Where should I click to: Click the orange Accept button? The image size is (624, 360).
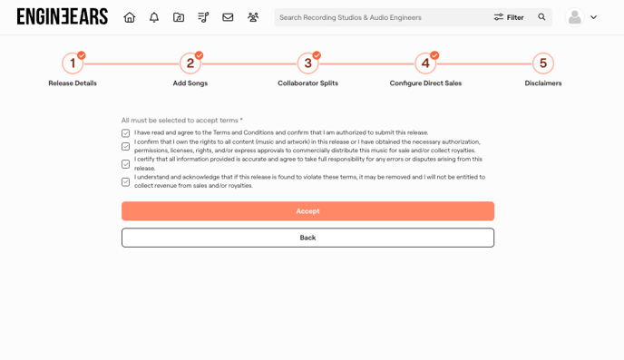pyautogui.click(x=307, y=210)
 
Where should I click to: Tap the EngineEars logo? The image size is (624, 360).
pyautogui.click(x=63, y=16)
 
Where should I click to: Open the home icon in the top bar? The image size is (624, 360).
pyautogui.click(x=130, y=17)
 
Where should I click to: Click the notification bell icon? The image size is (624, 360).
pyautogui.click(x=154, y=17)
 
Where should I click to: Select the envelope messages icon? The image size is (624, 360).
pyautogui.click(x=228, y=17)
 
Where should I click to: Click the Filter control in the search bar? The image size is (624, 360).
pyautogui.click(x=509, y=17)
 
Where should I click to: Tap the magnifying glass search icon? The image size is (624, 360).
pyautogui.click(x=541, y=16)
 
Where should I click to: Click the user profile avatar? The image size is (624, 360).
pyautogui.click(x=575, y=17)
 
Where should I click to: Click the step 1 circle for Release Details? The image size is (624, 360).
pyautogui.click(x=73, y=63)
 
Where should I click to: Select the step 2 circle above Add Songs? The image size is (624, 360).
pyautogui.click(x=190, y=63)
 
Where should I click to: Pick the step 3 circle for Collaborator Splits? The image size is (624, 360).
pyautogui.click(x=308, y=63)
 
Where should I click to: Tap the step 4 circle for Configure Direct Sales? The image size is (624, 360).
pyautogui.click(x=425, y=63)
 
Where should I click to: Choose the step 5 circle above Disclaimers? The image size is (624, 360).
pyautogui.click(x=543, y=63)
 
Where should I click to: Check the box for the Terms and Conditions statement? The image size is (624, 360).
pyautogui.click(x=126, y=133)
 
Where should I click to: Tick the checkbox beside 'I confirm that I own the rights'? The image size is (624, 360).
pyautogui.click(x=126, y=146)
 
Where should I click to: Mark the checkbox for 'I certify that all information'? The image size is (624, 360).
pyautogui.click(x=126, y=164)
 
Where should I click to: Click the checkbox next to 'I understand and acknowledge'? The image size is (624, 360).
pyautogui.click(x=126, y=181)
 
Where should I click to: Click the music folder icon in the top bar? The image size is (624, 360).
pyautogui.click(x=179, y=17)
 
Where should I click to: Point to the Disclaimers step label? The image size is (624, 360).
pyautogui.click(x=543, y=83)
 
